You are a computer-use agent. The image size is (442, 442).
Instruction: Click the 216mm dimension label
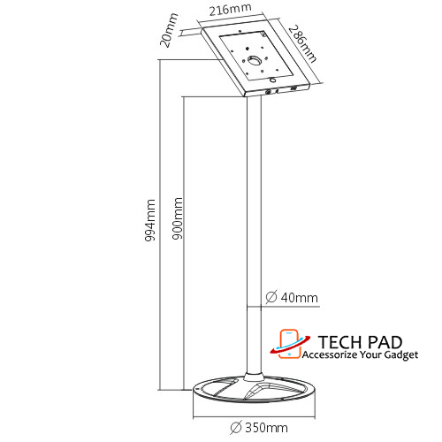(x=230, y=10)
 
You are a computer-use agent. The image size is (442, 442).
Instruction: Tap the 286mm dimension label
(x=302, y=44)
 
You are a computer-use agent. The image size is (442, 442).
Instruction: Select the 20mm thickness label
(x=169, y=30)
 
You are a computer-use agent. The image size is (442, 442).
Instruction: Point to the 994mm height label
(x=150, y=220)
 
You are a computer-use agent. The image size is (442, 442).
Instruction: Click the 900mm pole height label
(x=177, y=218)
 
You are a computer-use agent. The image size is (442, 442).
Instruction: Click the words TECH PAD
(x=360, y=342)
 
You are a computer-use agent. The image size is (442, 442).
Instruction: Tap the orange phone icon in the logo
(x=289, y=344)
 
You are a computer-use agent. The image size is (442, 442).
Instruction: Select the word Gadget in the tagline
(x=401, y=355)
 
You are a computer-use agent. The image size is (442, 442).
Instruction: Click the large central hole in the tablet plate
(x=254, y=60)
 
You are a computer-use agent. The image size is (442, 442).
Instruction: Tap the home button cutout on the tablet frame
(x=273, y=80)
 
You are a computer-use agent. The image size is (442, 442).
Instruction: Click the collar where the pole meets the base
(x=254, y=377)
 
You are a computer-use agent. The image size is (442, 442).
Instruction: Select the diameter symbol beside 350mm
(x=236, y=428)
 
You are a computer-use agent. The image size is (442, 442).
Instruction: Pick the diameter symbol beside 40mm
(x=271, y=297)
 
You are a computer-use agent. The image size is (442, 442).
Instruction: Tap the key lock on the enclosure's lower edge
(x=269, y=92)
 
